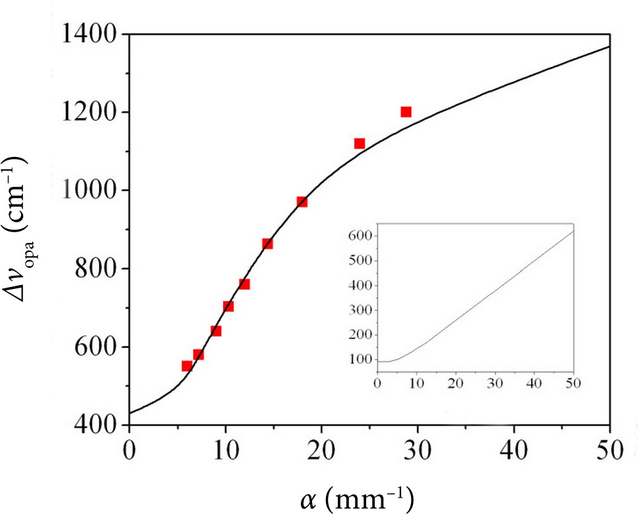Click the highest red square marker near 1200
point(406,112)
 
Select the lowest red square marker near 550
point(187,366)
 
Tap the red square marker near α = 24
point(360,143)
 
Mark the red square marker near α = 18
point(302,201)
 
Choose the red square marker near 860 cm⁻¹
point(267,243)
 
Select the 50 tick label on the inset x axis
point(573,383)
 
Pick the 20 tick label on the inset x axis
point(455,383)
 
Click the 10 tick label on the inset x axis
point(416,383)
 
